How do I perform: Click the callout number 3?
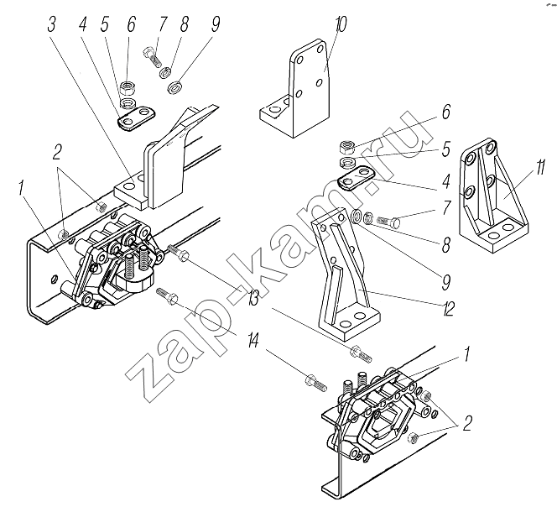52,25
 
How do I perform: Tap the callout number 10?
341,24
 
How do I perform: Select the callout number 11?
539,167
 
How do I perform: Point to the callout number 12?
448,308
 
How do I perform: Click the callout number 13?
252,297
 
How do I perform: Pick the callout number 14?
253,342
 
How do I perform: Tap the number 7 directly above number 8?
446,207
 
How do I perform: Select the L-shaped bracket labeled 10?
295,89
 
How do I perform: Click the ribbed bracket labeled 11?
493,195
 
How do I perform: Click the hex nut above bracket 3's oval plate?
128,87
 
